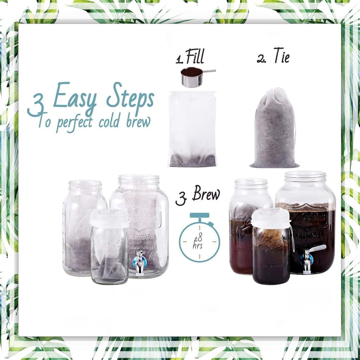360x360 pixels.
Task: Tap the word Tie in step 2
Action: coord(281,57)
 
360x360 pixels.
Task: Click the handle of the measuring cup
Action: coord(209,71)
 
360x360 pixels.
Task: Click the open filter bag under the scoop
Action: coord(192,129)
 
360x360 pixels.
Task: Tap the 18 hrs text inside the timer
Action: coord(198,241)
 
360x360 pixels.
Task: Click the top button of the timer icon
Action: coord(199,215)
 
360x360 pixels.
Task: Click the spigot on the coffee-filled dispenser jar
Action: coord(308,260)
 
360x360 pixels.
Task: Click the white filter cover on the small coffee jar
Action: coord(271,218)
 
